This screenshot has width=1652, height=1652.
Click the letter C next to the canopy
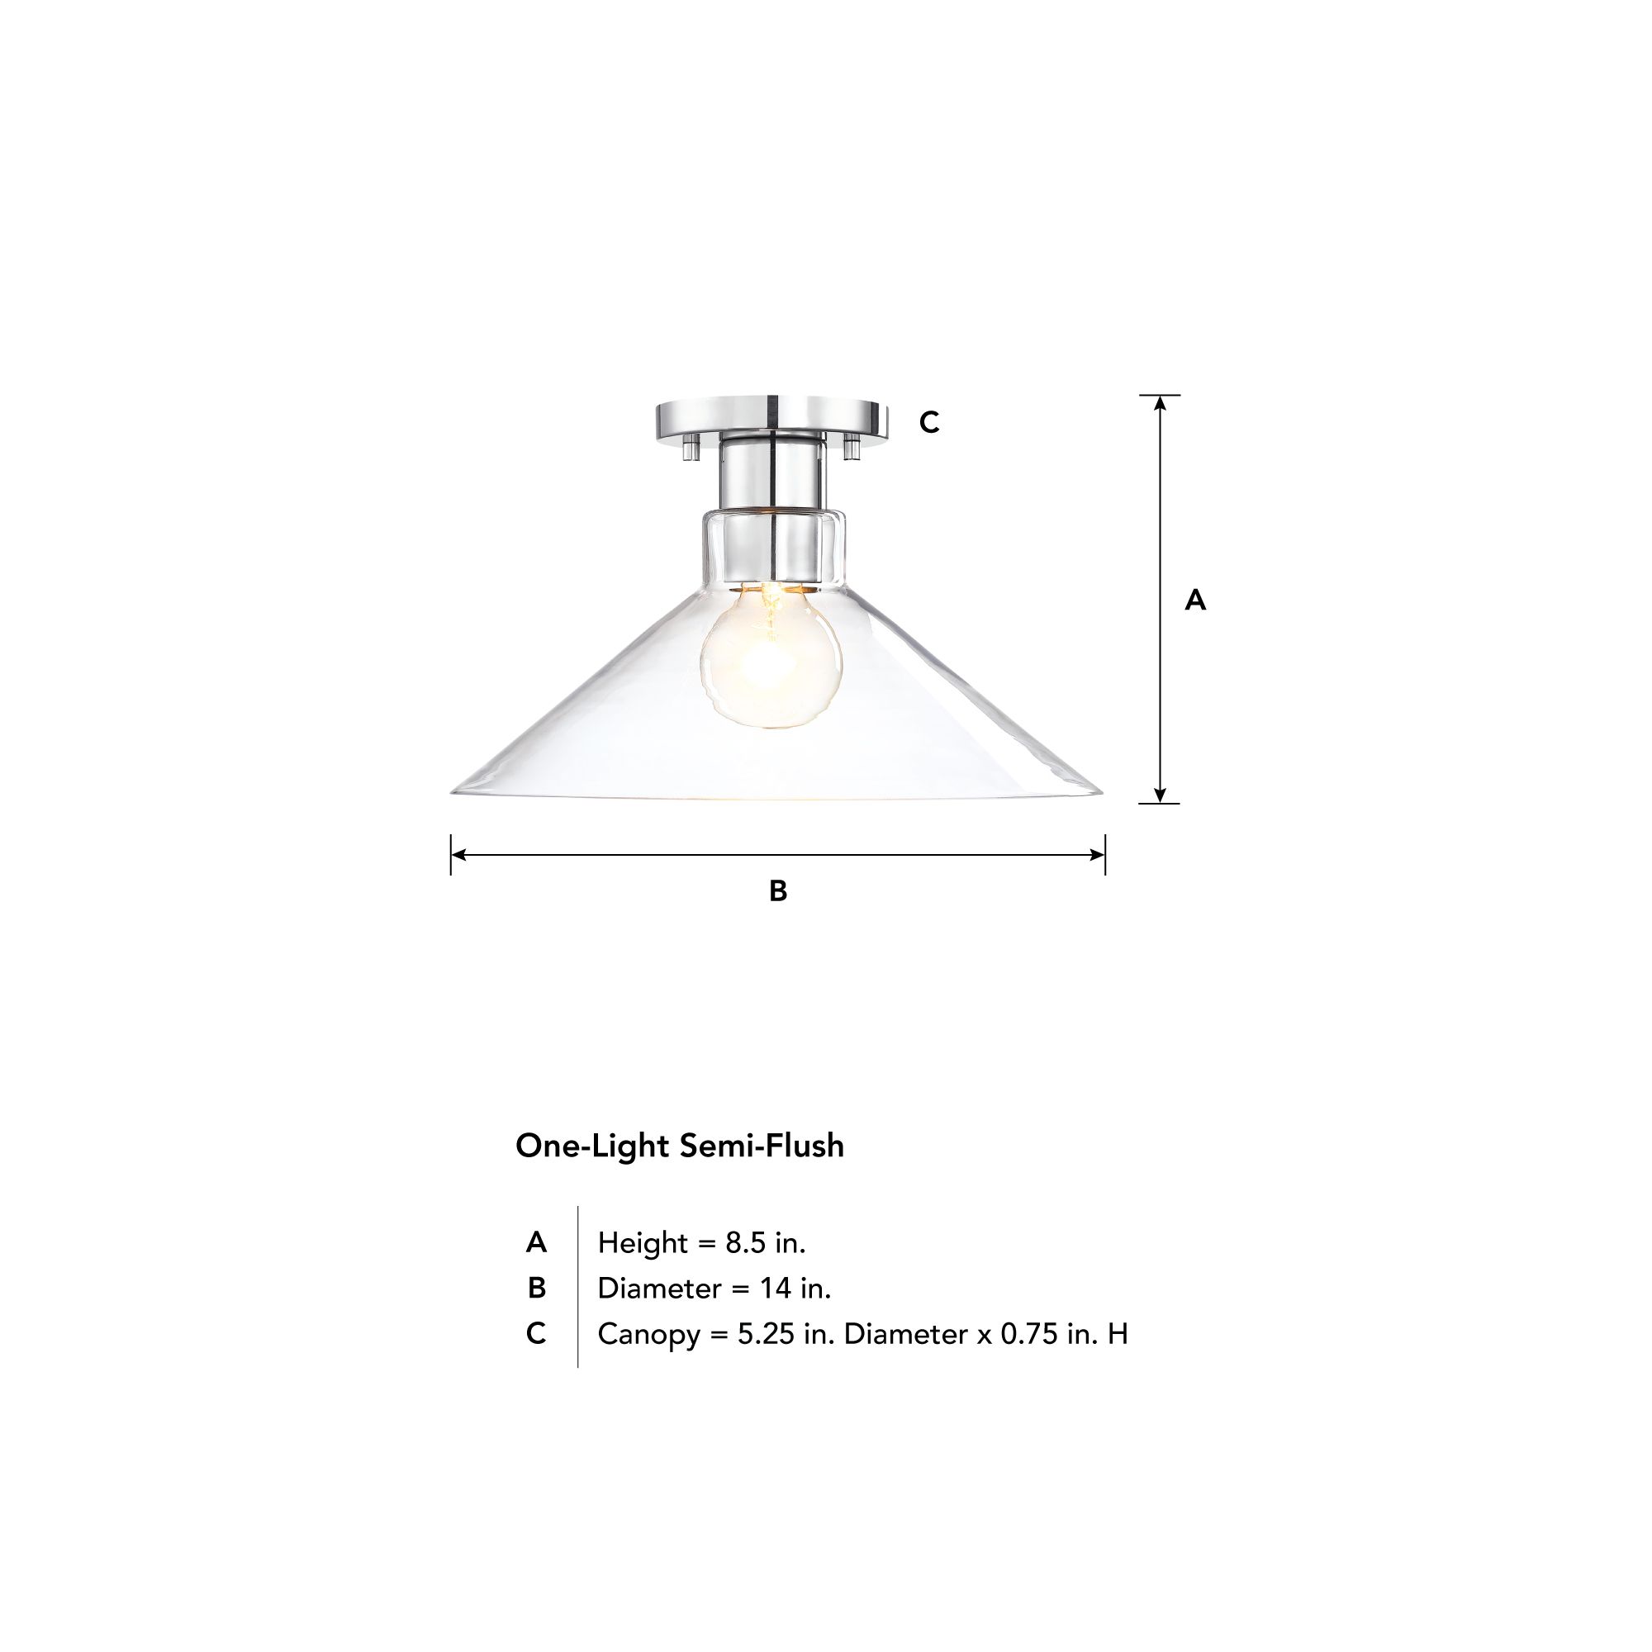(929, 422)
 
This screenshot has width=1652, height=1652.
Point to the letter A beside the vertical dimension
(1195, 601)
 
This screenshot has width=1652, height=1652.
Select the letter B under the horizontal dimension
(778, 891)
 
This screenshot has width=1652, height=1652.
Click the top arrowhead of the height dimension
(1161, 402)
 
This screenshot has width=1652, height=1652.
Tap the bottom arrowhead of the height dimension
(1161, 796)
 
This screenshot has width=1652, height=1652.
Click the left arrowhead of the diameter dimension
(458, 854)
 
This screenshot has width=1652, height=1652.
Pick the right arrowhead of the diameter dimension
(1099, 854)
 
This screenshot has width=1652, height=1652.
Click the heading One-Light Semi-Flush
(680, 1146)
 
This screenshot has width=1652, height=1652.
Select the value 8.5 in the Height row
(746, 1242)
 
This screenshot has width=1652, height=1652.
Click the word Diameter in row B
(659, 1289)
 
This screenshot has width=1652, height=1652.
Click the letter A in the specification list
(536, 1242)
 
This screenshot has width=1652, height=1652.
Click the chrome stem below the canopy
(772, 475)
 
